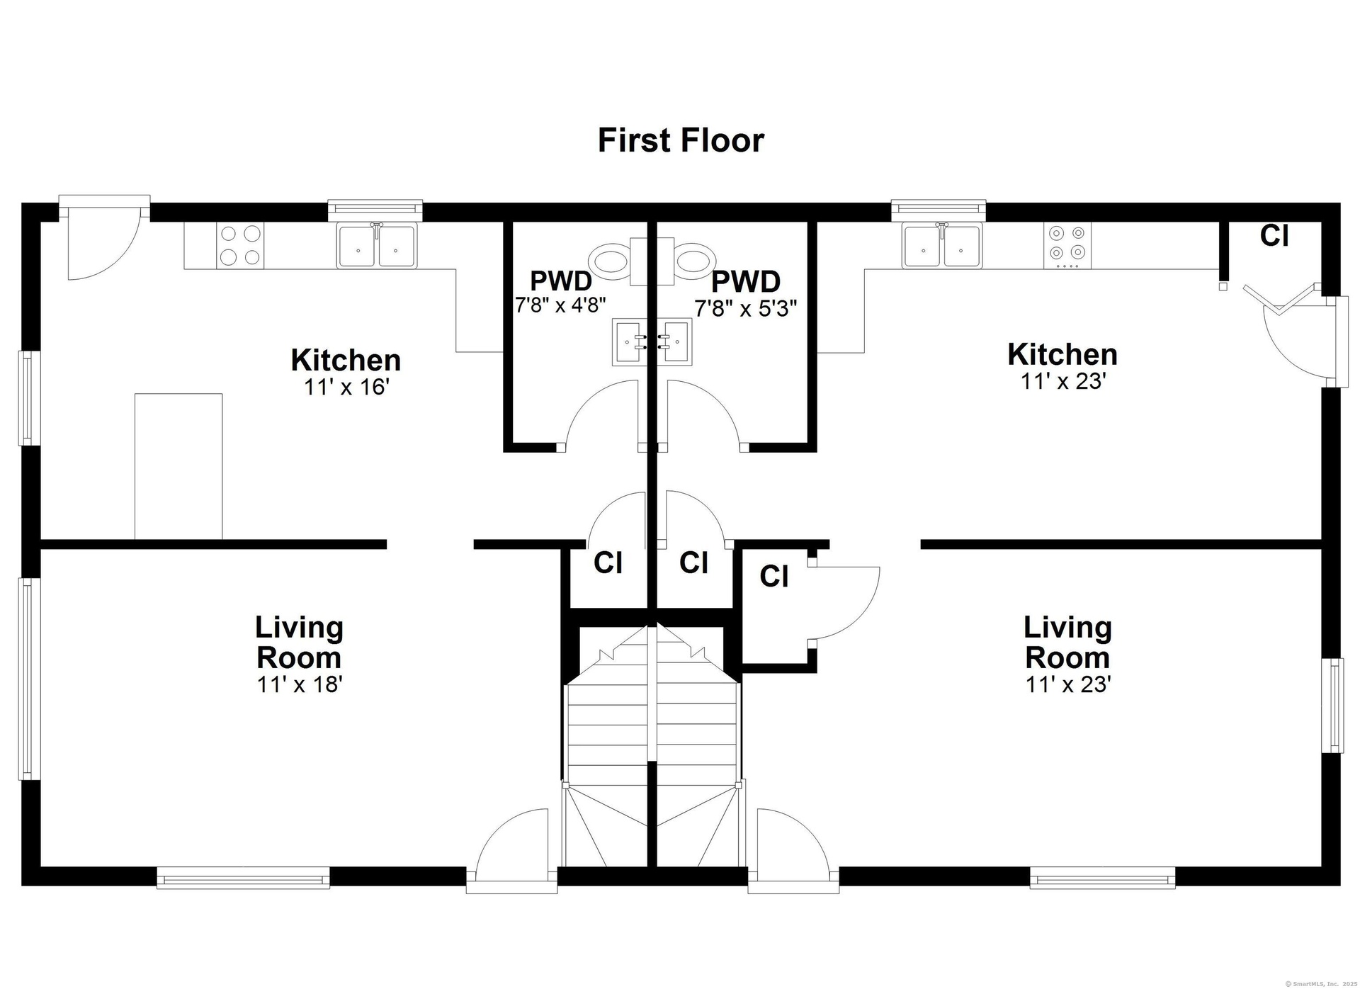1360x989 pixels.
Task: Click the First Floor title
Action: click(x=681, y=140)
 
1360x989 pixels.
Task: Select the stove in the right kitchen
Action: click(x=1067, y=245)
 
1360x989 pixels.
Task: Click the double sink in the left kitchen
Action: click(x=377, y=245)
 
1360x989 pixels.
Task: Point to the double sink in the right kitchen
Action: click(x=941, y=245)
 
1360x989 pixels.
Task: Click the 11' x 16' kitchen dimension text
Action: click(x=347, y=387)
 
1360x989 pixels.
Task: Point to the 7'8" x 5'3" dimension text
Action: click(x=746, y=308)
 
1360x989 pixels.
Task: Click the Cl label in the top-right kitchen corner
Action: click(x=1274, y=236)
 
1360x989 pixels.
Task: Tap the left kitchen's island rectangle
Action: click(x=178, y=466)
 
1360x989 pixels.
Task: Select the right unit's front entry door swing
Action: click(x=794, y=846)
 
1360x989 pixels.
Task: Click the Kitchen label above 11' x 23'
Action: click(x=1062, y=354)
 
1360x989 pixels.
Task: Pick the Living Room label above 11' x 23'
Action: click(x=1067, y=643)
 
